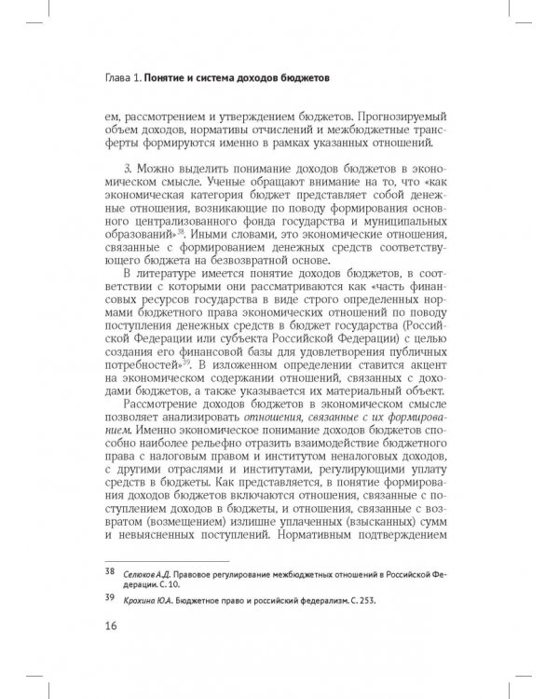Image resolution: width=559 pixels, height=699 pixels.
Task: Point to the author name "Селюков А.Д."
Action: click(148, 571)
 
